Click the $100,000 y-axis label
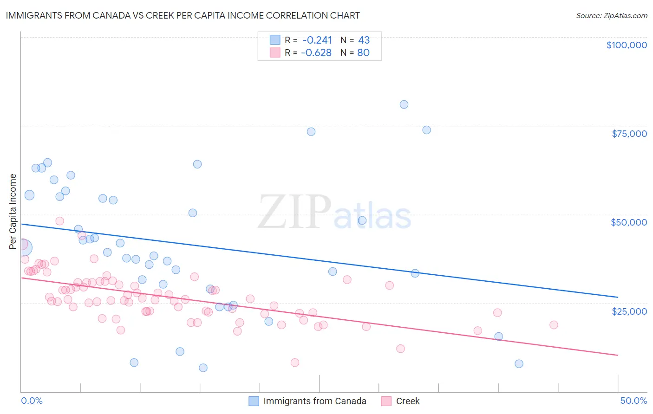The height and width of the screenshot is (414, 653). click(627, 45)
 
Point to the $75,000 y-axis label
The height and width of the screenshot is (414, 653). click(629, 134)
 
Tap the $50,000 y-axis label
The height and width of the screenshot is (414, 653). click(629, 222)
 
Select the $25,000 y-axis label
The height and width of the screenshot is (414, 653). click(629, 311)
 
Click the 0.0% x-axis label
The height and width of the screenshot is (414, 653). click(32, 401)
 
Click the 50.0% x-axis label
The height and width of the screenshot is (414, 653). click(633, 401)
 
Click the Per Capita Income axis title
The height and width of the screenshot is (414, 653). click(13, 211)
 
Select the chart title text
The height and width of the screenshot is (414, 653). click(183, 15)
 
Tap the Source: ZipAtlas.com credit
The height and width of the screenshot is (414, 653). click(611, 16)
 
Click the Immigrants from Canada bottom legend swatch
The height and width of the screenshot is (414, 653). click(254, 401)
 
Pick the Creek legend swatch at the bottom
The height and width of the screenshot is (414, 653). click(386, 401)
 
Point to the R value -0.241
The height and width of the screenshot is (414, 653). click(317, 40)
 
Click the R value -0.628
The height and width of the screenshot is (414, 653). click(316, 52)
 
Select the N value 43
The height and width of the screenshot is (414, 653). click(364, 40)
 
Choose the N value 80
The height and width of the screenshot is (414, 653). click(363, 52)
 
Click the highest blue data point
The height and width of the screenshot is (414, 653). click(404, 104)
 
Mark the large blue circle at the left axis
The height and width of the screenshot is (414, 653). click(24, 248)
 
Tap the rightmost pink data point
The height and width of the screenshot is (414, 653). click(554, 325)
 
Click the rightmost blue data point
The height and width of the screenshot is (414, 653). click(519, 364)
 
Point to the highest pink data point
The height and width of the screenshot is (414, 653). click(60, 221)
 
